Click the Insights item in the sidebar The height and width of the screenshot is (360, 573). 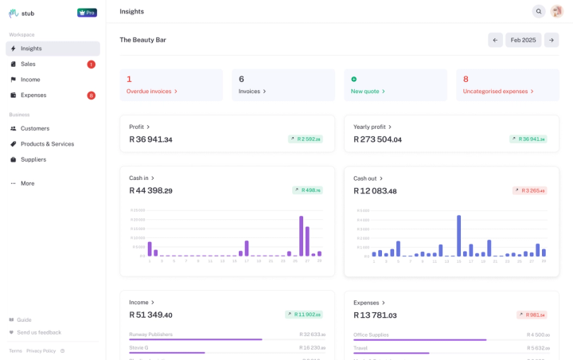[x=31, y=49]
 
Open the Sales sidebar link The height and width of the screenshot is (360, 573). [x=28, y=64]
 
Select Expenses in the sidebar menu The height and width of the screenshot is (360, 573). [x=33, y=95]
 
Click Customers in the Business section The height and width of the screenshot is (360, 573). [x=35, y=128]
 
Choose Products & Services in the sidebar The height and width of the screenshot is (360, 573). [x=47, y=144]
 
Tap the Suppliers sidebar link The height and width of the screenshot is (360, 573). [x=33, y=159]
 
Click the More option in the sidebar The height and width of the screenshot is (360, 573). [x=27, y=183]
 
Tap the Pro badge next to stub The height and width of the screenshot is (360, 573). [x=87, y=13]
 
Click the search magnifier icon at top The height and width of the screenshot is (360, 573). [x=539, y=11]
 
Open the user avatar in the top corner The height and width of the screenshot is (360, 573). [x=556, y=11]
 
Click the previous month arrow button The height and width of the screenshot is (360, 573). [x=496, y=40]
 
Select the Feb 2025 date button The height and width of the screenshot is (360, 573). [x=523, y=40]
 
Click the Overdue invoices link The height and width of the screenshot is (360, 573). [x=152, y=91]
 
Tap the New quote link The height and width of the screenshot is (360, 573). [x=368, y=91]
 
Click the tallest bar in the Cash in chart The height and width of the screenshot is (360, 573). [x=301, y=236]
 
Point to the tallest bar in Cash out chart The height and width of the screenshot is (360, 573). [x=458, y=235]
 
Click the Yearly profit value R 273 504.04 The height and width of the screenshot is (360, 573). [x=377, y=139]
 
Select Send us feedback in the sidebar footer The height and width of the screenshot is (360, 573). [x=39, y=332]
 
